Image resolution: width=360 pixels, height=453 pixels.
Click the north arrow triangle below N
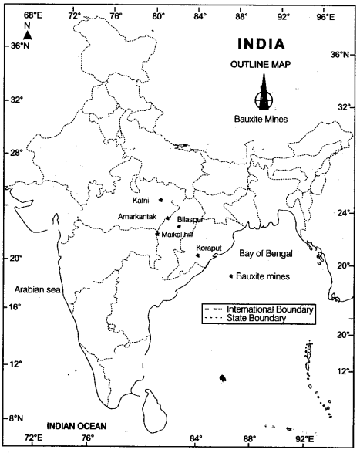(27, 35)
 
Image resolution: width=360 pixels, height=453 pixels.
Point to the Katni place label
(141, 201)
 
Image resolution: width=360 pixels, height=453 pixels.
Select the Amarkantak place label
(138, 217)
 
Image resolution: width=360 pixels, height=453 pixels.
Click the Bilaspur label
(190, 219)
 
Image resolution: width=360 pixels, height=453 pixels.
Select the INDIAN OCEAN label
(76, 425)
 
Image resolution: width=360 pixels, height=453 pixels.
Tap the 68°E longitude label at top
(32, 15)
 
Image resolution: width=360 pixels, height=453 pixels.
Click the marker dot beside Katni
(161, 200)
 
